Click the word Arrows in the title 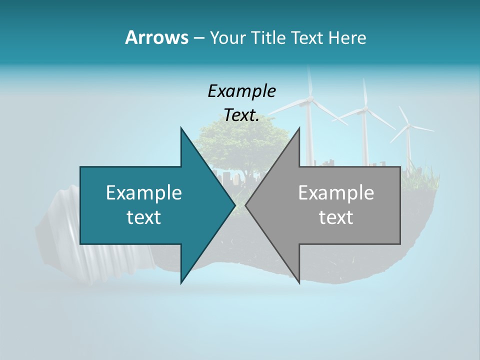coord(156,37)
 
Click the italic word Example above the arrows coord(241,91)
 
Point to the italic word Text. coord(241,115)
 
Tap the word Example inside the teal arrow coord(144,192)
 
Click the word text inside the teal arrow coord(144,217)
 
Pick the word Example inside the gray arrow coord(336,192)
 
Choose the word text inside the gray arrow coord(336,217)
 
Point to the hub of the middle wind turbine coord(365,108)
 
